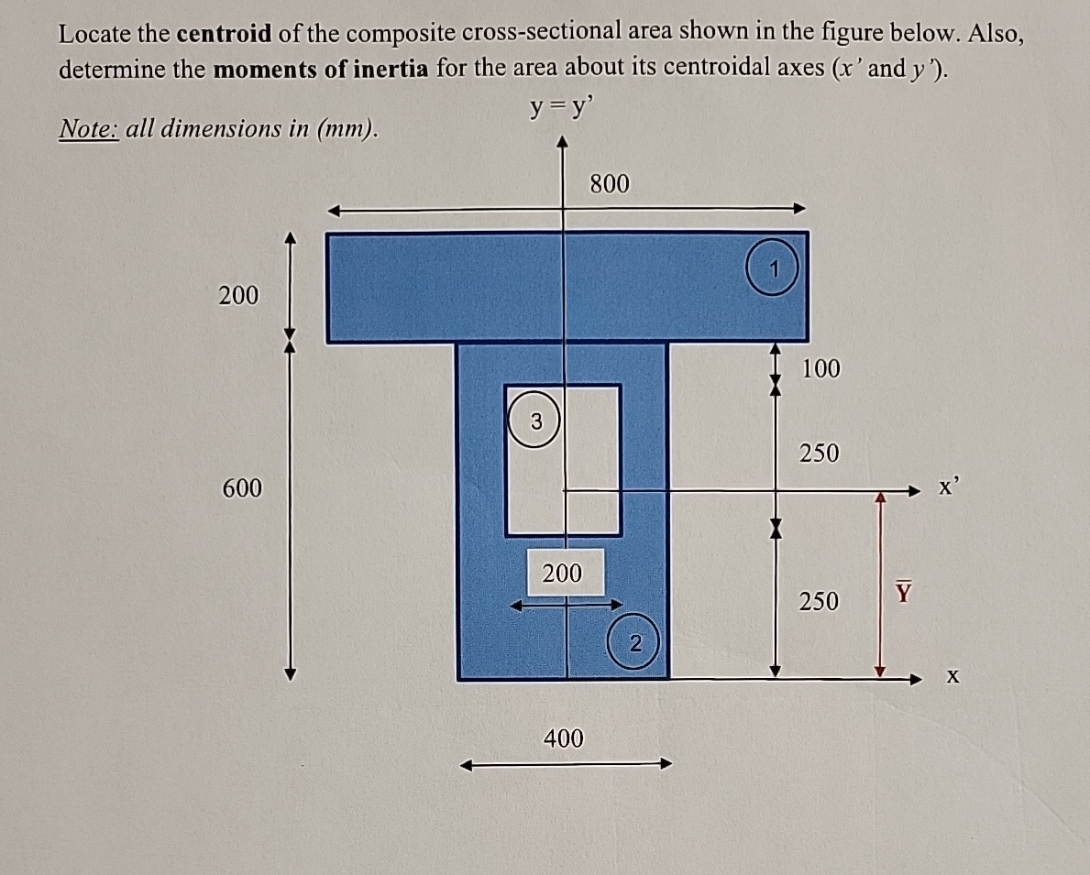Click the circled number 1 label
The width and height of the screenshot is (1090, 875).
click(774, 269)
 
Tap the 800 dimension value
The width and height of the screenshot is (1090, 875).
click(610, 184)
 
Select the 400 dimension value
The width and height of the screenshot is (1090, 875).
click(563, 738)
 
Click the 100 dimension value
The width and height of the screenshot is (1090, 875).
click(820, 368)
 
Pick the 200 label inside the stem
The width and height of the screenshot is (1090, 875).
click(562, 574)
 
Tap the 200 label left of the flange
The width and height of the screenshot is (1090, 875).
click(238, 295)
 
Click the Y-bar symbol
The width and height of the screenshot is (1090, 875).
click(904, 593)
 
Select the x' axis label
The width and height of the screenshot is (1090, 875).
click(948, 487)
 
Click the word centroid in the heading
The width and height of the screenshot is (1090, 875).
click(224, 35)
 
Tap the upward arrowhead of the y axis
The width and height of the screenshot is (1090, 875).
click(563, 143)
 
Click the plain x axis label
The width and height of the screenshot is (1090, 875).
click(953, 678)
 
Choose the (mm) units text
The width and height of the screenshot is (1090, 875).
click(346, 129)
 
